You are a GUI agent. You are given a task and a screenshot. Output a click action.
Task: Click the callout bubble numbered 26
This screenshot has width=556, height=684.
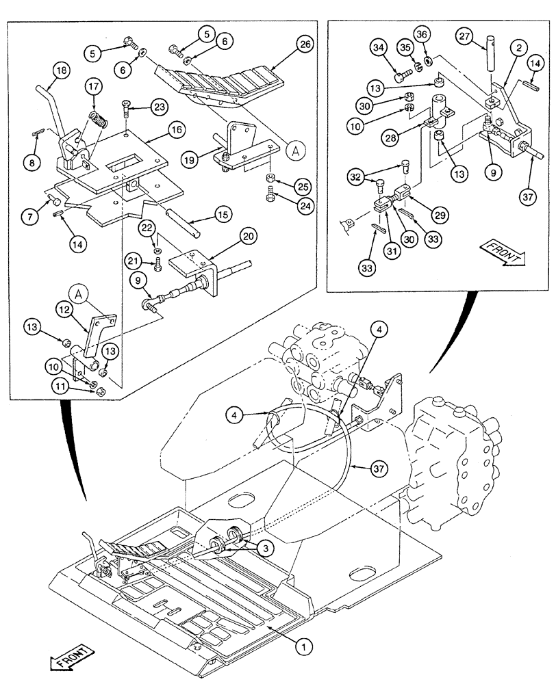[303, 46]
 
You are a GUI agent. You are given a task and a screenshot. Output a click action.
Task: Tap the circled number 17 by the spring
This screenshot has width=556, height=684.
[93, 88]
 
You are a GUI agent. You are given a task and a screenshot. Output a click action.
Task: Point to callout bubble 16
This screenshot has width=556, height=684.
[176, 129]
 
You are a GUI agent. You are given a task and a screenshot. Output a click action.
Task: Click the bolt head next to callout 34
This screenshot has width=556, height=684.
[401, 68]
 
